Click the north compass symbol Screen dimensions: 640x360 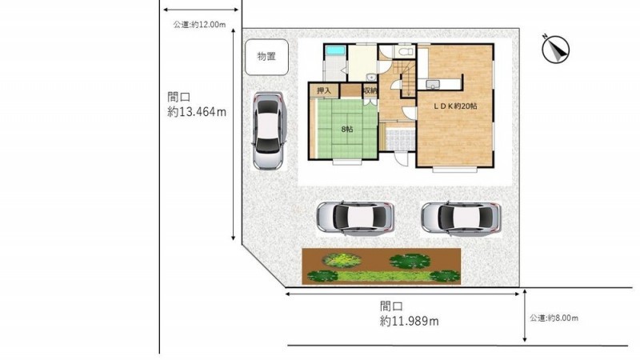555,49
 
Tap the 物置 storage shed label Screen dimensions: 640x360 266,56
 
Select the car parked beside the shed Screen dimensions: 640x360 268,130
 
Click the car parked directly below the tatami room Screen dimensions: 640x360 355,218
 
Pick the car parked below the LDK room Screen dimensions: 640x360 461,218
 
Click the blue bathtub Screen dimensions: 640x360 336,51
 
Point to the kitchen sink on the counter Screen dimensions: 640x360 433,84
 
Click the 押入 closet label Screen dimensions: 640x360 324,90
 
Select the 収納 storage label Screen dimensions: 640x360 370,90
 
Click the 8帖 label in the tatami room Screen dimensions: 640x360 347,130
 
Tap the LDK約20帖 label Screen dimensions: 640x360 455,106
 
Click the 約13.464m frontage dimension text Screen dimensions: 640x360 197,112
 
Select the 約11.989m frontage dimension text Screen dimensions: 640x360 410,322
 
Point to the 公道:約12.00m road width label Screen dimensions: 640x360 199,25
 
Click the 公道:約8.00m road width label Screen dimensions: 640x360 554,318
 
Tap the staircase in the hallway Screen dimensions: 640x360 407,79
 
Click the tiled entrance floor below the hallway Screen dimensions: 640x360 401,138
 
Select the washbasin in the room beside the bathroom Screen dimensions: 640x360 370,77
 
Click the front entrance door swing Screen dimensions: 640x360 402,158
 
